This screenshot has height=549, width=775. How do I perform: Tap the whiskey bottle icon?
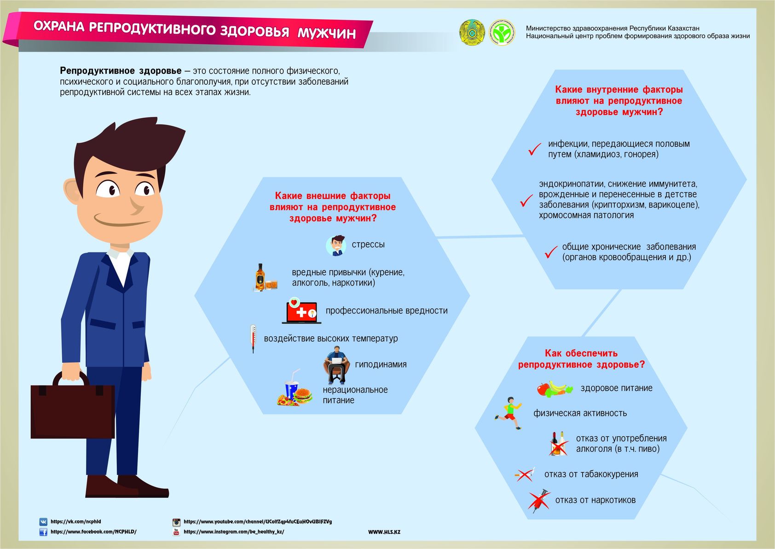coord(260,277)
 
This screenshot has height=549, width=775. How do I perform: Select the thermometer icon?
coord(253,339)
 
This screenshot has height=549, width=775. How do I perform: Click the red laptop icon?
coord(301,310)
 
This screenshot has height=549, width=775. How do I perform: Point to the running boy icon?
coord(508,413)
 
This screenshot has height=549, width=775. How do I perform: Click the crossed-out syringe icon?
coord(539,501)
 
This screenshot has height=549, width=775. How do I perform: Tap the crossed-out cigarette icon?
coord(525,474)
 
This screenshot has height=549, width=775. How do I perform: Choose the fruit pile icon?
coord(555,389)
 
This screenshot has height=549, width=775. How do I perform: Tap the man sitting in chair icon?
coord(336,365)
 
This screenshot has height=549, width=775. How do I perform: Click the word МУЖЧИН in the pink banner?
coord(327,33)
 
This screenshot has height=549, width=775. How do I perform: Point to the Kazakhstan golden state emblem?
coord(472,32)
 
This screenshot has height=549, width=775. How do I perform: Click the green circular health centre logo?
coord(502,32)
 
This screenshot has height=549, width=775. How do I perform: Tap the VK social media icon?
coord(43,522)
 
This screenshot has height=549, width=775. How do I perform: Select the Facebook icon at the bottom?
coord(43,532)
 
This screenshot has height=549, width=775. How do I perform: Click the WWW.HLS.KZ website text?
coord(384,532)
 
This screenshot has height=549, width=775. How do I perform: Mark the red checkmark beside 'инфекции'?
coord(535,149)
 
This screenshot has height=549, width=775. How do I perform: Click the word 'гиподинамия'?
coord(381,364)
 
